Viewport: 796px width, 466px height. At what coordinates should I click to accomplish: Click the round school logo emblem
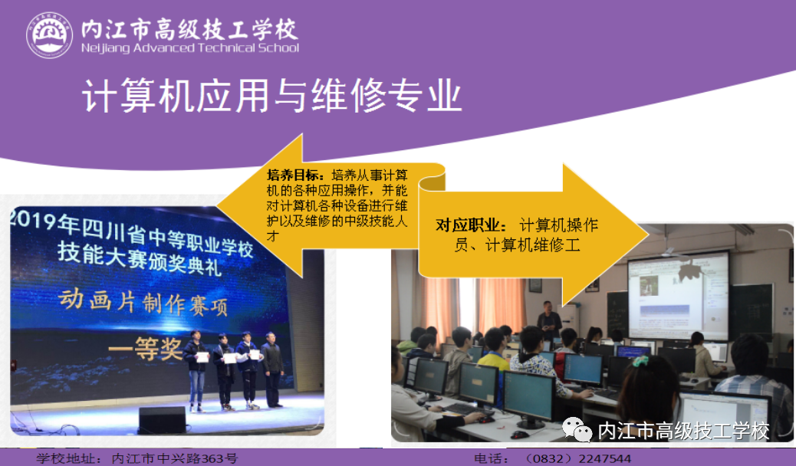tap(50, 35)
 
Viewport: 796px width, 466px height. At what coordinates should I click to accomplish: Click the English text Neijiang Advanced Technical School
tap(190, 48)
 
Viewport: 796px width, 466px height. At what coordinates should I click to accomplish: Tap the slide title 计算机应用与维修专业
tap(271, 96)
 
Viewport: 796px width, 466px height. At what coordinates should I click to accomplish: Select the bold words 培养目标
tap(294, 176)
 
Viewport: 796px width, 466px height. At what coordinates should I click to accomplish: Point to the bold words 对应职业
tap(469, 225)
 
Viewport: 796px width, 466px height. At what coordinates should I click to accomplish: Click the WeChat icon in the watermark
tap(577, 430)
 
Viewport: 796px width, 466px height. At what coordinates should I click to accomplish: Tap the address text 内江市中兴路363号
tap(174, 459)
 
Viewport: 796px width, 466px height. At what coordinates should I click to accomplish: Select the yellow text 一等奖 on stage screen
tap(145, 348)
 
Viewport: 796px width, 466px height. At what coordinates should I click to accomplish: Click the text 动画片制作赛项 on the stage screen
tap(143, 303)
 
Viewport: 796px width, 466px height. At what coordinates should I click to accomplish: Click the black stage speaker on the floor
tap(163, 420)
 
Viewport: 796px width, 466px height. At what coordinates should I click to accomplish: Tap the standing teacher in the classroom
tap(549, 320)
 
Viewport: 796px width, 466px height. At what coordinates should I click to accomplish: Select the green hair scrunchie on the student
tap(640, 361)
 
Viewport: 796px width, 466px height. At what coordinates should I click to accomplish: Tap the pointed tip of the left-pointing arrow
tap(217, 206)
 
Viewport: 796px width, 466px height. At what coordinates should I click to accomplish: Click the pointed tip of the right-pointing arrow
tap(648, 235)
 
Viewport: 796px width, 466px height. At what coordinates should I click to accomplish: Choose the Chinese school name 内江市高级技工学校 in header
tap(189, 29)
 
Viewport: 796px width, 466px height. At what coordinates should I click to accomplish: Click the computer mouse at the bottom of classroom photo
tap(519, 435)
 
